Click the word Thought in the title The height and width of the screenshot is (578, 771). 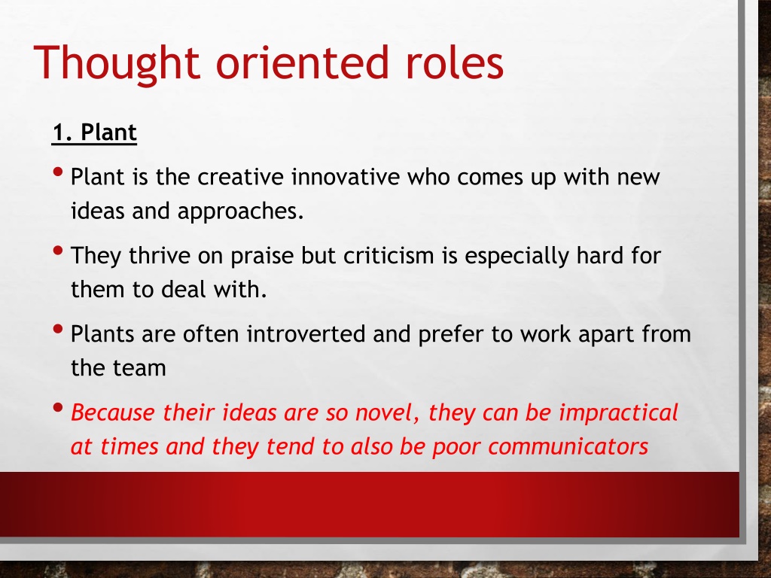[117, 63]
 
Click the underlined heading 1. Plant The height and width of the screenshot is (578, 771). [94, 132]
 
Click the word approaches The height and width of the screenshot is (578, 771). [240, 211]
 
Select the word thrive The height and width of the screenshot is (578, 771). [160, 256]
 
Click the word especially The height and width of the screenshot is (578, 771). [517, 257]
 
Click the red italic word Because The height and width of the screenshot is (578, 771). [113, 412]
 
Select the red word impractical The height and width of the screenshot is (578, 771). [619, 413]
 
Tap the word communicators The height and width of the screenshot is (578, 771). [568, 447]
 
